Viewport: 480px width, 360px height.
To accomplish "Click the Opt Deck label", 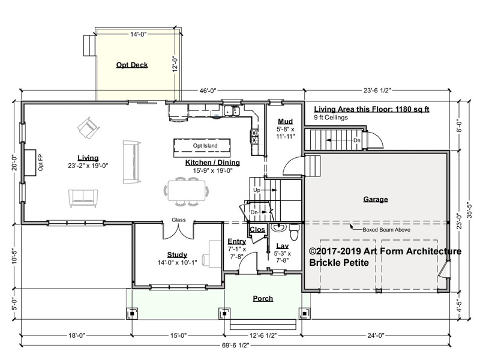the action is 132,65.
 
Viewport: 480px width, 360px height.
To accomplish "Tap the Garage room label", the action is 376,199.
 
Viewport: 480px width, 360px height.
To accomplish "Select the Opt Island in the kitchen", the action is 202,148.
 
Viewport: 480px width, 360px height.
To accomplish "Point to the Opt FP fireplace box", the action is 30,163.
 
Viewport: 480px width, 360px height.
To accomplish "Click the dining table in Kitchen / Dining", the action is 187,191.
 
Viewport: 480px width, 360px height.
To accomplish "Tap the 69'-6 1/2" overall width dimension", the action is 235,346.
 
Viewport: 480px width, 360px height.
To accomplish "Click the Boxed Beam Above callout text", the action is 386,230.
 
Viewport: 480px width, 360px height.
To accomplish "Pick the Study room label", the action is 177,254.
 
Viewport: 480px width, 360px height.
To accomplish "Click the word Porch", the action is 263,298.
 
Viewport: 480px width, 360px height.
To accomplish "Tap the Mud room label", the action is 286,121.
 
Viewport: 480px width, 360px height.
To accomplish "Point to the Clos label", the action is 257,230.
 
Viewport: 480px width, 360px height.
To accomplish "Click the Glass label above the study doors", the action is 178,220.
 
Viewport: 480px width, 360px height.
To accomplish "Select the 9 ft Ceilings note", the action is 331,118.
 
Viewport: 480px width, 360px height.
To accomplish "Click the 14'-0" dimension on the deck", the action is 139,34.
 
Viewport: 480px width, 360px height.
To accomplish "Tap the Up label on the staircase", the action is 257,190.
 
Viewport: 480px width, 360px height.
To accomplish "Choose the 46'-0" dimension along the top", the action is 208,91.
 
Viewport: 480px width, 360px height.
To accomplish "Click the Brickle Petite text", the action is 339,263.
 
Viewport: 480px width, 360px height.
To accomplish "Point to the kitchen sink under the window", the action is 232,111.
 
